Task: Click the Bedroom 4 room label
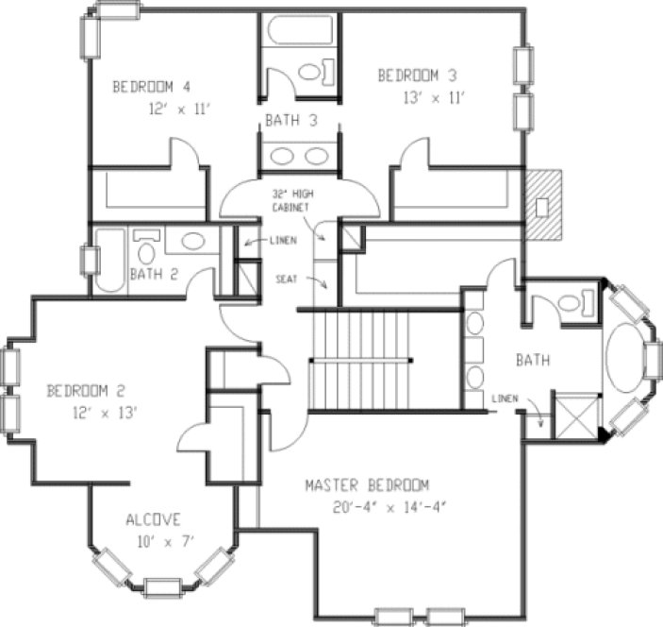(x=157, y=88)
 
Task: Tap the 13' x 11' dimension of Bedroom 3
(x=423, y=97)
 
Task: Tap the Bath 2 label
(x=157, y=275)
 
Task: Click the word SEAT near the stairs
(x=288, y=280)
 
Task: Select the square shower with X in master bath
(x=576, y=415)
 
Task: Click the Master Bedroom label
(x=367, y=486)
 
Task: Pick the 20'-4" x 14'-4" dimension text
(x=374, y=507)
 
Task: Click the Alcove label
(x=154, y=520)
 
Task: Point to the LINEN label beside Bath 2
(x=282, y=241)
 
